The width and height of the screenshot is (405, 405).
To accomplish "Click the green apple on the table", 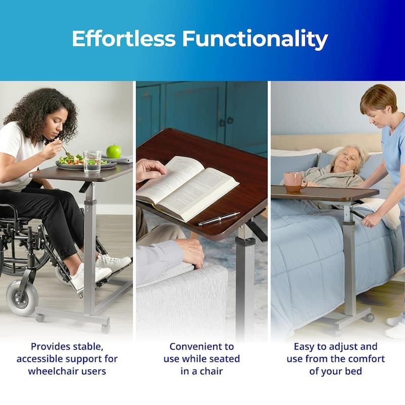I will tap(113, 151).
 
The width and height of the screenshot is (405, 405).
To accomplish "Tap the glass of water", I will tap(92, 162).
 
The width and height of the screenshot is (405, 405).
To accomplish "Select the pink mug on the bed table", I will tap(294, 182).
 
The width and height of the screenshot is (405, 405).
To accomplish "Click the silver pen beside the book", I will tap(219, 219).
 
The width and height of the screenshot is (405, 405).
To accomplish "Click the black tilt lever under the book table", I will tap(258, 231).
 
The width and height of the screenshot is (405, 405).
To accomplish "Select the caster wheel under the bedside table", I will tap(370, 317).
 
